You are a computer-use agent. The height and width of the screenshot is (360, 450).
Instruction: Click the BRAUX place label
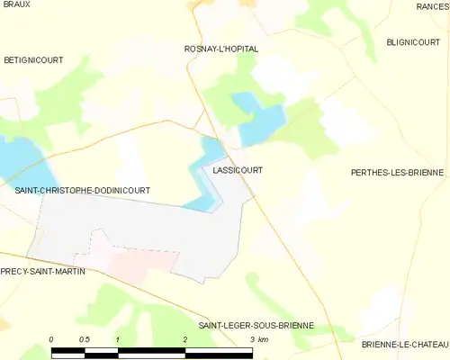tap(16, 4)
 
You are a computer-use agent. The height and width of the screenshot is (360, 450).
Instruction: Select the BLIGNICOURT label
tap(412, 41)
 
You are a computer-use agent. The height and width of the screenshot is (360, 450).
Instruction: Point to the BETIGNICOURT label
tap(31, 59)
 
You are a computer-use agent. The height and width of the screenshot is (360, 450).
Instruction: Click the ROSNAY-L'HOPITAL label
tap(220, 49)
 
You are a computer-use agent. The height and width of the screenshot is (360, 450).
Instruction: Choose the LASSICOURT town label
tap(238, 169)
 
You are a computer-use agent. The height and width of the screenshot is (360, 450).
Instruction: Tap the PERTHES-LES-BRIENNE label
tap(397, 171)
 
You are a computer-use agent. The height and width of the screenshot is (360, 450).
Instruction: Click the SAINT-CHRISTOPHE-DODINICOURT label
tap(82, 191)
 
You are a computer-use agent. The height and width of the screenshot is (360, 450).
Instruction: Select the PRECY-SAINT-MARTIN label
tap(42, 271)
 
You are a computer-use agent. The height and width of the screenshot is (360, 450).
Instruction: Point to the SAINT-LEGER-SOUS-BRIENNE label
tap(256, 325)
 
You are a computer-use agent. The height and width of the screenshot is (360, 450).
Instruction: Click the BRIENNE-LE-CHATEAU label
tap(404, 344)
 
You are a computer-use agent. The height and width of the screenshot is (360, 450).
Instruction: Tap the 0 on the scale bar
tap(51, 339)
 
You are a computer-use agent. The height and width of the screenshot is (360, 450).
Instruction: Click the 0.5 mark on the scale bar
tap(84, 339)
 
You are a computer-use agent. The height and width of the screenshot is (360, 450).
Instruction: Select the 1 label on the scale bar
tap(118, 339)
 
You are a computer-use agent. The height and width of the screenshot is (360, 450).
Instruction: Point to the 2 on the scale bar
tap(184, 339)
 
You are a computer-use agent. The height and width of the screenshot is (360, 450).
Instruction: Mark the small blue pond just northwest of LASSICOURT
tap(211, 147)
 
